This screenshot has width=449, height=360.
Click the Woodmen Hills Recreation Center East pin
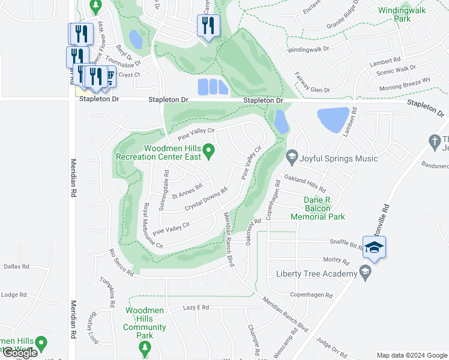209,152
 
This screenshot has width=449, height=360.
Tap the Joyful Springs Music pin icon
292,158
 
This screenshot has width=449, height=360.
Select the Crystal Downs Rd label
206,199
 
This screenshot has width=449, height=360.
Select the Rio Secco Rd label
121,263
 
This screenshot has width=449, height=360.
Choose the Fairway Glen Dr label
312,83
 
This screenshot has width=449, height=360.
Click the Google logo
20,352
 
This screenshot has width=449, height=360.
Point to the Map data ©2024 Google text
412,355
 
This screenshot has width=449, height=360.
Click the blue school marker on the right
374,247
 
